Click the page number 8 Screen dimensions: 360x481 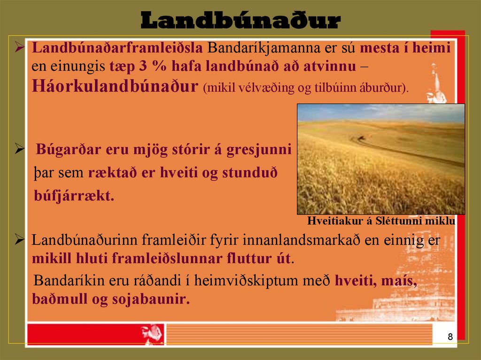450,337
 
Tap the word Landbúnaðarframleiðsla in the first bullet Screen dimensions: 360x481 117,48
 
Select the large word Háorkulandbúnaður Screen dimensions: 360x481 114,86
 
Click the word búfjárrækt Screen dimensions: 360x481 74,195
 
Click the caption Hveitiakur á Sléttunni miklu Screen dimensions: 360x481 381,221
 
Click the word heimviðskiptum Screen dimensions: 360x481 247,281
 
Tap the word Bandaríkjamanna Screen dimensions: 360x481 261,48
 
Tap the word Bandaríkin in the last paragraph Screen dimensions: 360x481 64,281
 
